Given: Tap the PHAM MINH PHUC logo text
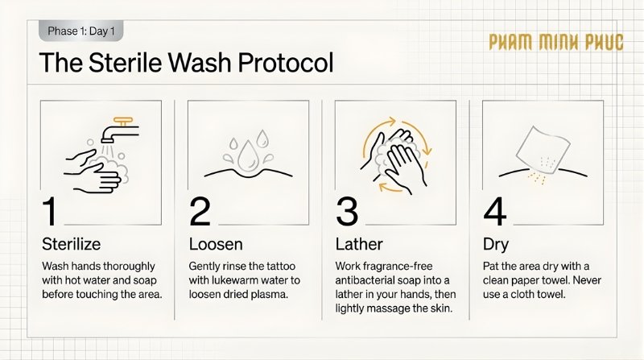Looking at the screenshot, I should point(555,43).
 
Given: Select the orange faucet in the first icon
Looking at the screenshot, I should point(122,123).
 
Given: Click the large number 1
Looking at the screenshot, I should point(50,211).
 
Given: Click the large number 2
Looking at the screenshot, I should point(200,211).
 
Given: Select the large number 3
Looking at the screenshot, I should point(347,211).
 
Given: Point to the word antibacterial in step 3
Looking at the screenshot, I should point(366,279).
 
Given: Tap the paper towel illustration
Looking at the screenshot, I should point(539,149).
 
